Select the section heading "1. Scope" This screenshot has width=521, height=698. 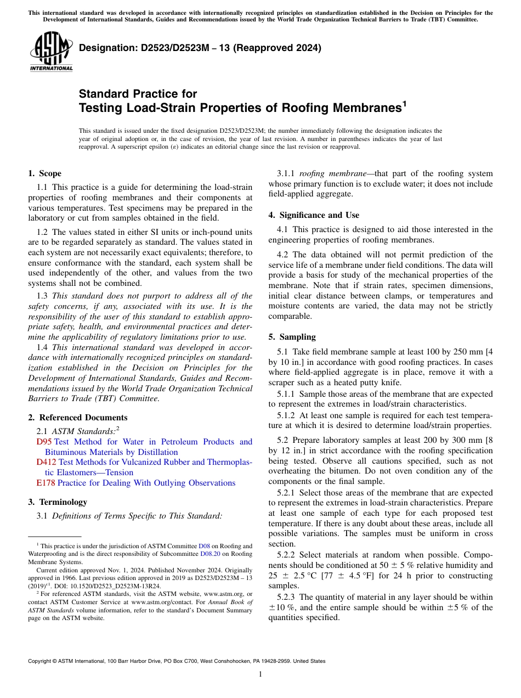(44, 173)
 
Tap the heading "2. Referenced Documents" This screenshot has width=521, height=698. (77, 418)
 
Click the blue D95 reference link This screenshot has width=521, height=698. (44, 442)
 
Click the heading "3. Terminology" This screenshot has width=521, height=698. (57, 502)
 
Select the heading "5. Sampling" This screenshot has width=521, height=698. (292, 337)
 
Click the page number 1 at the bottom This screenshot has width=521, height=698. (260, 674)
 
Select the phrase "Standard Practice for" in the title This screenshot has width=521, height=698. (138, 94)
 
